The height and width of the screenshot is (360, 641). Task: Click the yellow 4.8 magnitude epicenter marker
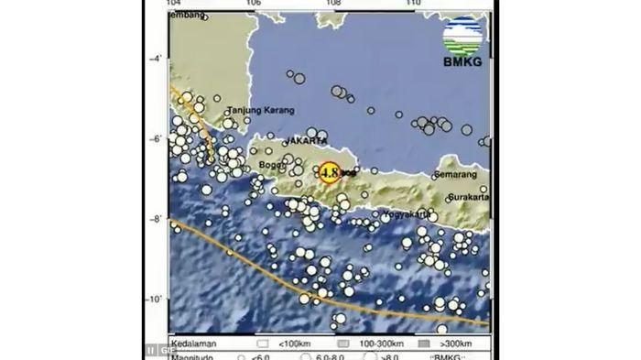[x=329, y=171]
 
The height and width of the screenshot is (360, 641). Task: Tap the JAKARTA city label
[x=307, y=141]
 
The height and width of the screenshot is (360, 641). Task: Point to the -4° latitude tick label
[x=156, y=58]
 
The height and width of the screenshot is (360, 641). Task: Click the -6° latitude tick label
[x=156, y=138]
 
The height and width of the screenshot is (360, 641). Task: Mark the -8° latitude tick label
[x=156, y=219]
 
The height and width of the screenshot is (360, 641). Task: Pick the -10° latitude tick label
[x=155, y=300]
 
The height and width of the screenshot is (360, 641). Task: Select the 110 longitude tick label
[x=415, y=3]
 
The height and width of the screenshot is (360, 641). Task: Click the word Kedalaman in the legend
[x=190, y=341]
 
